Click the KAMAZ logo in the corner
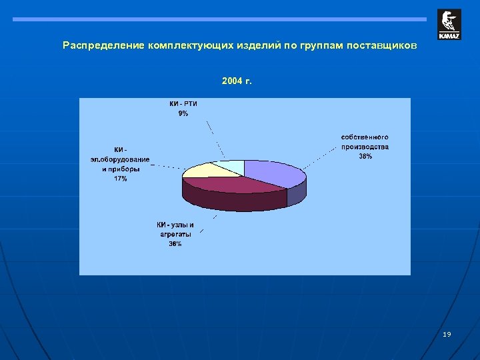point(449,25)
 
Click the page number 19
point(447,334)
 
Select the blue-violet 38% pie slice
point(273,173)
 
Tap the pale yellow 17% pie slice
point(199,171)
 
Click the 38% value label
point(365,156)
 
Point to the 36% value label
point(175,244)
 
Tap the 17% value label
point(120,179)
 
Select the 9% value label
point(183,113)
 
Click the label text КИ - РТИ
point(183,104)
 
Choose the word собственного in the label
point(365,137)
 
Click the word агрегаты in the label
point(175,235)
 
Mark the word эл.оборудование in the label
point(120,160)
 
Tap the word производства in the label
point(365,147)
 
